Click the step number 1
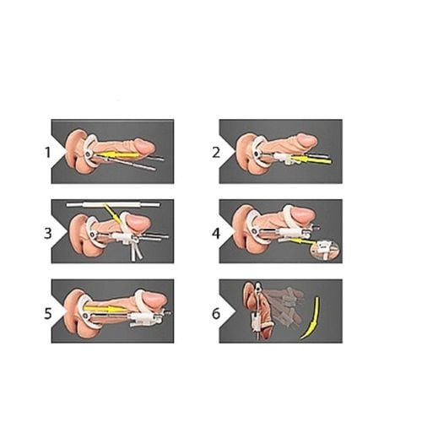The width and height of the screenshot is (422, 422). click(47, 153)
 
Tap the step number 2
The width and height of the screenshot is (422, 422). click(216, 153)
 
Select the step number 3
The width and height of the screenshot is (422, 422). click(48, 233)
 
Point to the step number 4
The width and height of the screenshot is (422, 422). click(216, 233)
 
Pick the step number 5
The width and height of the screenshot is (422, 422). click(48, 313)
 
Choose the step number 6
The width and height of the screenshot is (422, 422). click(216, 313)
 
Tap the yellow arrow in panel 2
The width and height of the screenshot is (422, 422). click(311, 160)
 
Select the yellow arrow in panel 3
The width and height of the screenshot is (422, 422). click(112, 214)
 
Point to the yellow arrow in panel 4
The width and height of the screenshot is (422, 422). click(302, 241)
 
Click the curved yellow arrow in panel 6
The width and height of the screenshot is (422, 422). click(313, 318)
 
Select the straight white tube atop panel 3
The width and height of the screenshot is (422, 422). click(113, 204)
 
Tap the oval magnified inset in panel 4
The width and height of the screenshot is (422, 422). click(326, 248)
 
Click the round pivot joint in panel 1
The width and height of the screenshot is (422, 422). click(89, 154)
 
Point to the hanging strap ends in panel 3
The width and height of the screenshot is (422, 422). click(136, 251)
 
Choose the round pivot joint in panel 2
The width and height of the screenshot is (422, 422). click(257, 154)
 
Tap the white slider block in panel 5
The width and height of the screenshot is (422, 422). click(141, 319)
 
